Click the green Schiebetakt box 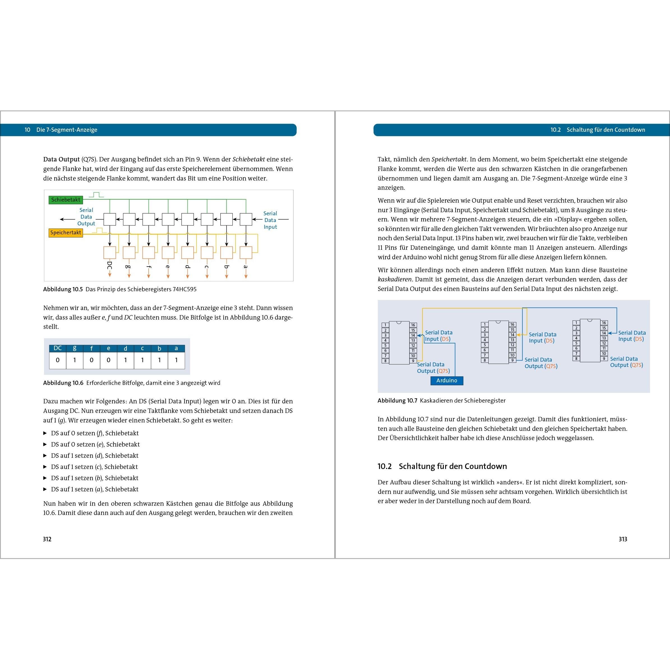(66, 200)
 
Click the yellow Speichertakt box (66, 233)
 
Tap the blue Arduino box (447, 380)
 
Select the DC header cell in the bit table (57, 348)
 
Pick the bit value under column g (75, 360)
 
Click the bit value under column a (176, 360)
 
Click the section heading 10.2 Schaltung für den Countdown (442, 466)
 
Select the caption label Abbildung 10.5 (63, 289)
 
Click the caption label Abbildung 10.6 (63, 383)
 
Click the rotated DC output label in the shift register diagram (110, 266)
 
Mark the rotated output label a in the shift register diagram (246, 267)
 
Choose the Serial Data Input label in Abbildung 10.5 (270, 220)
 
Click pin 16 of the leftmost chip (413, 325)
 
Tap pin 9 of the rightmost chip (604, 359)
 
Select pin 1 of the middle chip (484, 325)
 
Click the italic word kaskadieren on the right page (394, 279)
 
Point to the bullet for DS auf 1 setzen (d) (45, 455)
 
